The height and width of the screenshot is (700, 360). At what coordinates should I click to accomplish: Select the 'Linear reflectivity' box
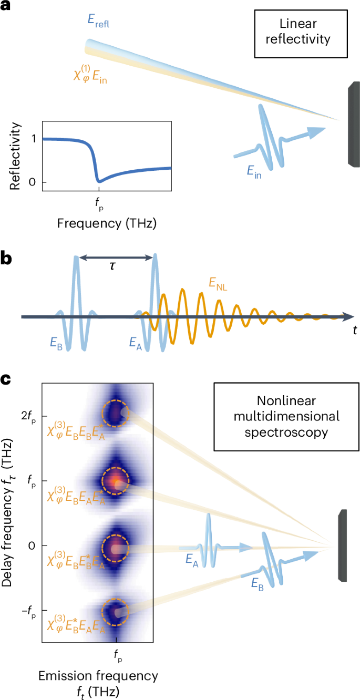tap(298, 34)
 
